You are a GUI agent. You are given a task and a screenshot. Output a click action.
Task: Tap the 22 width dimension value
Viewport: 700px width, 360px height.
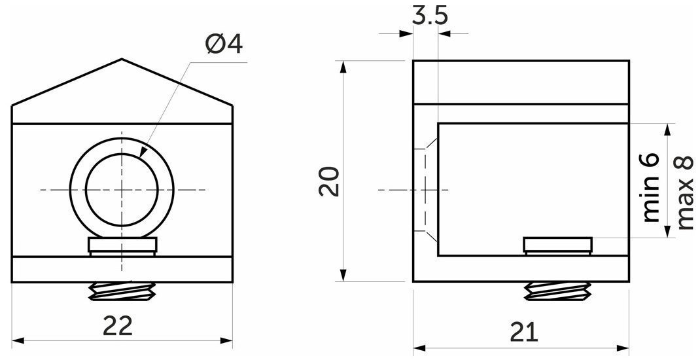pyautogui.click(x=118, y=325)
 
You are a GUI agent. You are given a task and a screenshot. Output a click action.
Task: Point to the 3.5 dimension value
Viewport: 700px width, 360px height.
pyautogui.click(x=430, y=16)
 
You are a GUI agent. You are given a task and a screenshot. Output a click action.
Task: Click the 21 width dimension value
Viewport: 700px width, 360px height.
pyautogui.click(x=523, y=333)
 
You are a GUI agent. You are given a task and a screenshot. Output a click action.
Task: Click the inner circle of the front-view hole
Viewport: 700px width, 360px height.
pyautogui.click(x=122, y=190)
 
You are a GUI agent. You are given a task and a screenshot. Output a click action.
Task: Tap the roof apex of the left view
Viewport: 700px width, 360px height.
pyautogui.click(x=122, y=60)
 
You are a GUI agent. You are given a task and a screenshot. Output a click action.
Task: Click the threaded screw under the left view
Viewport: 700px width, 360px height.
pyautogui.click(x=122, y=292)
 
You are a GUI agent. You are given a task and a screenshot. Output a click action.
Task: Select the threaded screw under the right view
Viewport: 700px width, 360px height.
pyautogui.click(x=557, y=291)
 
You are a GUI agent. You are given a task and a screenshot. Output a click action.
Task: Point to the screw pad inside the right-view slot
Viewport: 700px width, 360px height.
pyautogui.click(x=558, y=245)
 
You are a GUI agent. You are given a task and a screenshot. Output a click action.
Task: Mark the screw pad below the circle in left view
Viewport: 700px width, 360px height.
pyautogui.click(x=122, y=245)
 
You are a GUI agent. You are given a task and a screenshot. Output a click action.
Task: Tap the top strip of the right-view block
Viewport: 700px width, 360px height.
pyautogui.click(x=521, y=82)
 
